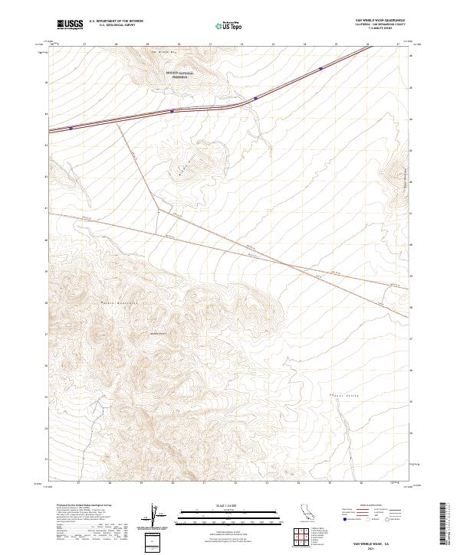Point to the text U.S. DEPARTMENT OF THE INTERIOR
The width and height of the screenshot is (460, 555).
(x=116, y=21)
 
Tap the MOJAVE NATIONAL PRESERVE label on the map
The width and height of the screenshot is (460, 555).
(x=180, y=74)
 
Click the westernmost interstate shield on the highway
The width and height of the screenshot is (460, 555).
(x=71, y=129)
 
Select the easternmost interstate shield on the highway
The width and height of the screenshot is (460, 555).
(x=320, y=69)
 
